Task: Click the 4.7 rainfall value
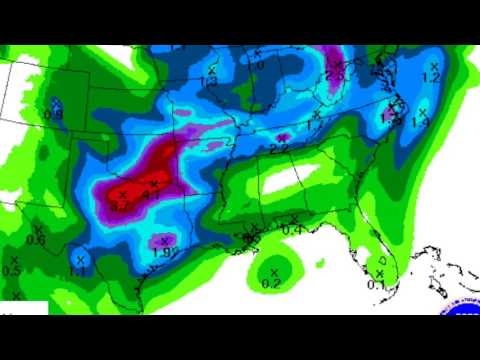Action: [119, 205]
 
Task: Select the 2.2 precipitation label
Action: [279, 148]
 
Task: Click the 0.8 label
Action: [54, 114]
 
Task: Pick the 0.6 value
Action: [36, 238]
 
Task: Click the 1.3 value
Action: [209, 81]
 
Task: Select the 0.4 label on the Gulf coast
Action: [293, 230]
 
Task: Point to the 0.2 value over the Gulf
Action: [271, 283]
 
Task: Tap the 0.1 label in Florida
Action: [377, 284]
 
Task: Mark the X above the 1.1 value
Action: [80, 259]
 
